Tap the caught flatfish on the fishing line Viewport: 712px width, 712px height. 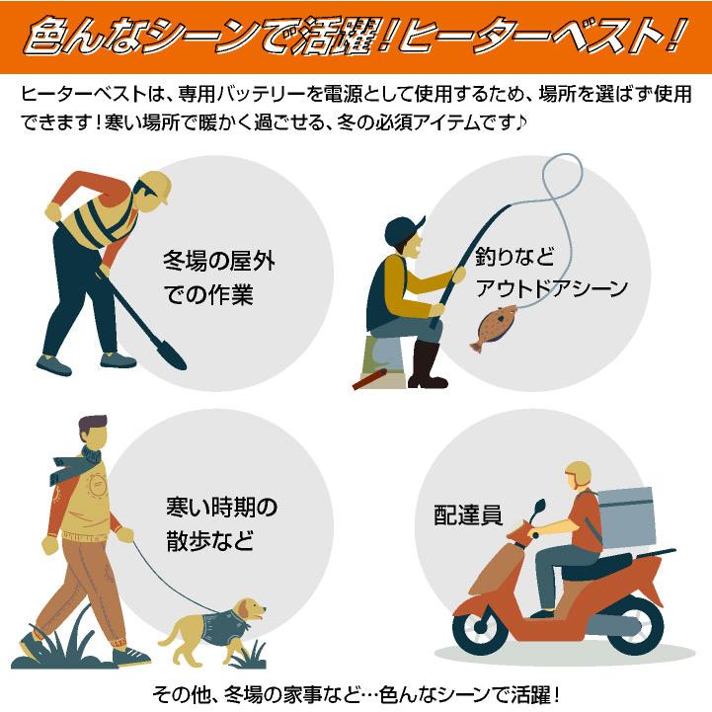(x=495, y=327)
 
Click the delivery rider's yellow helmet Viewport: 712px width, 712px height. (x=578, y=473)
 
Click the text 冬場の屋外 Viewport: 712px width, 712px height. (x=218, y=263)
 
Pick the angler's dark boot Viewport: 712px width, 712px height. (x=428, y=365)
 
